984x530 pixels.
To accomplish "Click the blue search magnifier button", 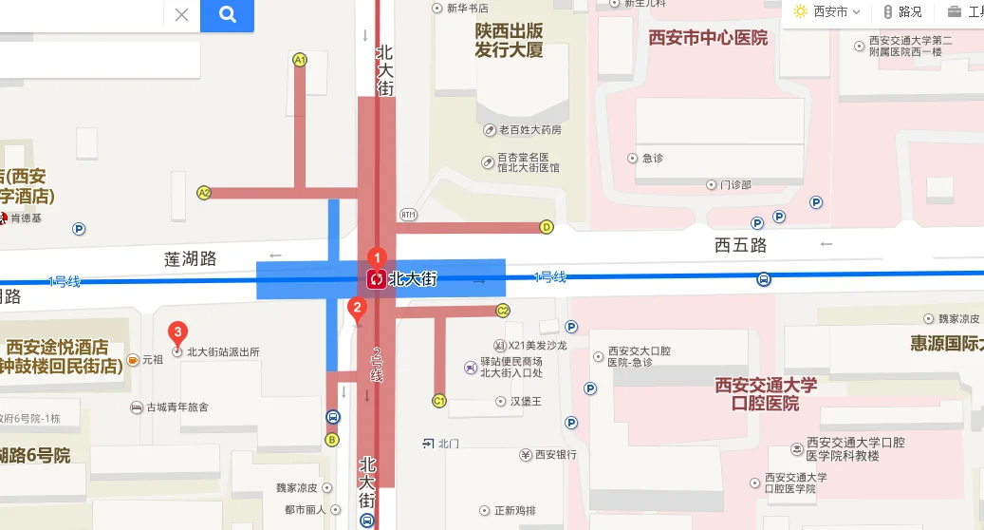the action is pyautogui.click(x=227, y=14).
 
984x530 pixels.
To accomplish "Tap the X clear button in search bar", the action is pyautogui.click(x=181, y=14).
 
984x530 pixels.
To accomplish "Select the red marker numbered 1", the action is pyautogui.click(x=377, y=257).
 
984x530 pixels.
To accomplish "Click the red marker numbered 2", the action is pyautogui.click(x=357, y=307).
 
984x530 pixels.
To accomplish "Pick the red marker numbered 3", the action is pyautogui.click(x=176, y=332).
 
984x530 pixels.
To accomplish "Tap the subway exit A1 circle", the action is pyautogui.click(x=300, y=60).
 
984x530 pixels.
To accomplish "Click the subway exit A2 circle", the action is pyautogui.click(x=204, y=193).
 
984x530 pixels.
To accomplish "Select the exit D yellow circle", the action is pyautogui.click(x=547, y=227).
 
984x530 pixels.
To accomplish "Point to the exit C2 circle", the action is pyautogui.click(x=503, y=311).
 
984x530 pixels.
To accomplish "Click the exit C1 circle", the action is pyautogui.click(x=439, y=401).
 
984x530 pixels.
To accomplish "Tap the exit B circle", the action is pyautogui.click(x=332, y=439).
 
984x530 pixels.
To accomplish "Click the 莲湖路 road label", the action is pyautogui.click(x=191, y=258).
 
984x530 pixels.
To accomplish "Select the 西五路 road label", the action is pyautogui.click(x=740, y=245).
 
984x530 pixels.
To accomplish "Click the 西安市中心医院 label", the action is pyautogui.click(x=708, y=38).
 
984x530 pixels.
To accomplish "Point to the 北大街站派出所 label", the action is pyautogui.click(x=223, y=352).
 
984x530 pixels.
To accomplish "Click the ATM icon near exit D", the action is pyautogui.click(x=408, y=214).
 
